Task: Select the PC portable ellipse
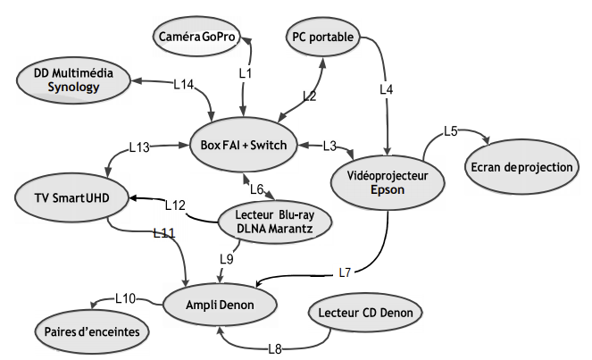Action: [321, 38]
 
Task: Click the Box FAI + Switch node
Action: [243, 145]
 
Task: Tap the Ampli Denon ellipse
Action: [220, 306]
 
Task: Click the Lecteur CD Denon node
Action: [363, 314]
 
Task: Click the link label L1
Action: [246, 71]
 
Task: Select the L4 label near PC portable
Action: [387, 89]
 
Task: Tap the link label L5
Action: [451, 131]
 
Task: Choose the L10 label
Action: [125, 297]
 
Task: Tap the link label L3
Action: [329, 146]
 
